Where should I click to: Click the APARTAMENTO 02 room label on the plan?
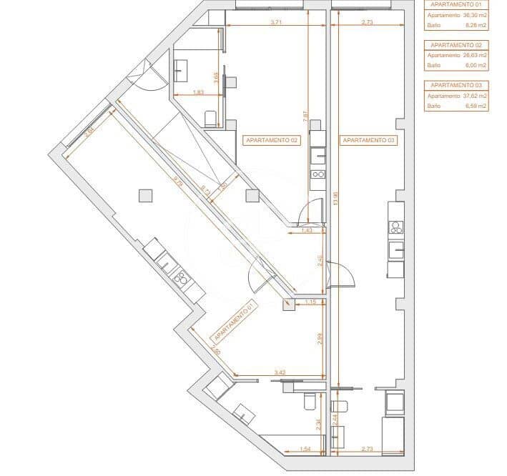point(271,141)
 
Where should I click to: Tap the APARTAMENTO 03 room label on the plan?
point(368,141)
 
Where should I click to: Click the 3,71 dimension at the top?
point(276,23)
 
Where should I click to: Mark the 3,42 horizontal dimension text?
point(280,372)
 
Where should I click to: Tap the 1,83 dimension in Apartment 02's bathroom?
point(200,93)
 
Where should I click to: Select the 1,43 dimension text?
point(307,231)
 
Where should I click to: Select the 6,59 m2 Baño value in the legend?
point(476,106)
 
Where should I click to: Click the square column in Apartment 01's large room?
point(145,195)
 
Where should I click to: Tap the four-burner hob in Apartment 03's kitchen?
point(396,228)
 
